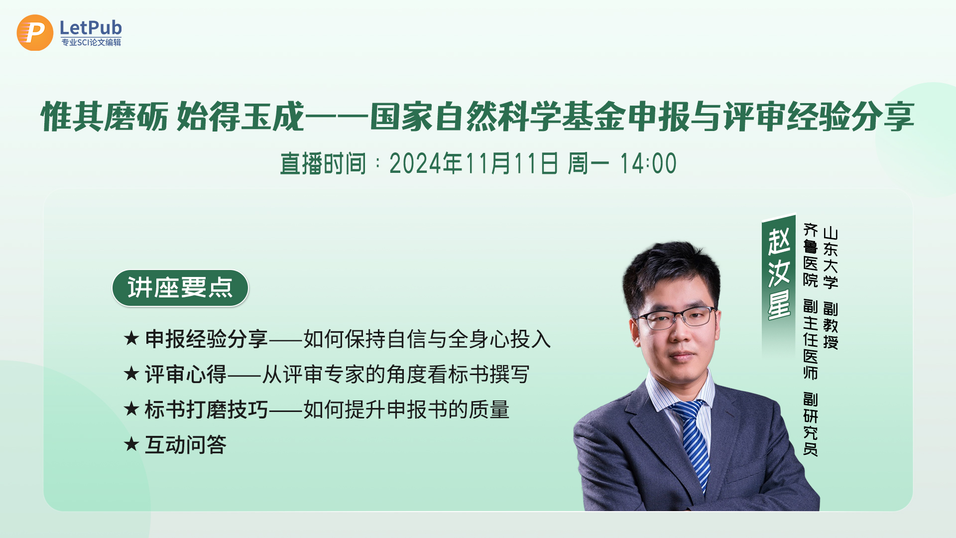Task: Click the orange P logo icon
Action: point(35,33)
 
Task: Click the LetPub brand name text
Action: point(91,27)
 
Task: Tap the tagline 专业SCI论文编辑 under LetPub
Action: point(91,42)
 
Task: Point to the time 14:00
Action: point(648,163)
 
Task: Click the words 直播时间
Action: point(323,163)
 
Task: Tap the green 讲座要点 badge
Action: point(180,288)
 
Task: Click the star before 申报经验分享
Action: point(131,338)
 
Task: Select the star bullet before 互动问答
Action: point(131,444)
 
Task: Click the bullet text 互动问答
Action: point(186,444)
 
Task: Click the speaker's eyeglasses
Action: point(675,318)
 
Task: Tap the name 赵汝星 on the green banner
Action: point(779,273)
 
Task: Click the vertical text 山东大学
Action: point(831,258)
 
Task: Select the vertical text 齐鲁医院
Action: point(811,255)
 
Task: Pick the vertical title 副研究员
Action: point(811,424)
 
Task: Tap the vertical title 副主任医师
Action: point(811,340)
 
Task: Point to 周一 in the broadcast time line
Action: point(589,163)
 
